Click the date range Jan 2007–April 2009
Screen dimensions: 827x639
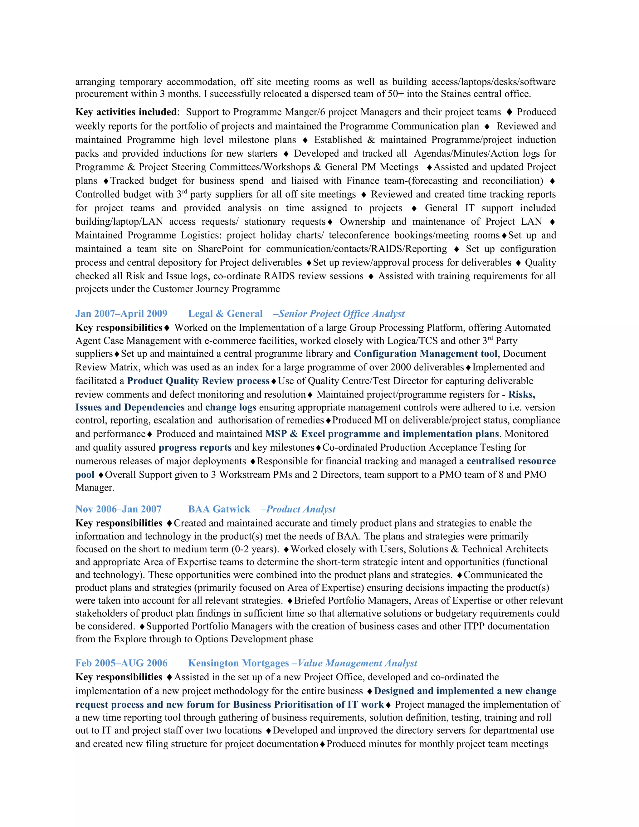(121, 314)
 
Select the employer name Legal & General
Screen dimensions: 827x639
(225, 314)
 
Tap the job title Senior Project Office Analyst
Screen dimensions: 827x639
(341, 314)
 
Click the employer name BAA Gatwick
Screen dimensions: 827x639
(219, 509)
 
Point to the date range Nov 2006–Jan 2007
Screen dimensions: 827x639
(119, 509)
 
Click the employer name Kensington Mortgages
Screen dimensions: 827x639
(238, 663)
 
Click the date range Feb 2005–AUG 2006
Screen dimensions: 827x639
(121, 663)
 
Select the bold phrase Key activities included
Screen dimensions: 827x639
(126, 112)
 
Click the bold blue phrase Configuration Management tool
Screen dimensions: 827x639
(426, 354)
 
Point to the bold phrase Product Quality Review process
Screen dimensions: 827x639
(198, 381)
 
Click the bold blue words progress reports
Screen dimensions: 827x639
(195, 448)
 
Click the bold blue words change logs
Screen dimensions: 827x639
(231, 408)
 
